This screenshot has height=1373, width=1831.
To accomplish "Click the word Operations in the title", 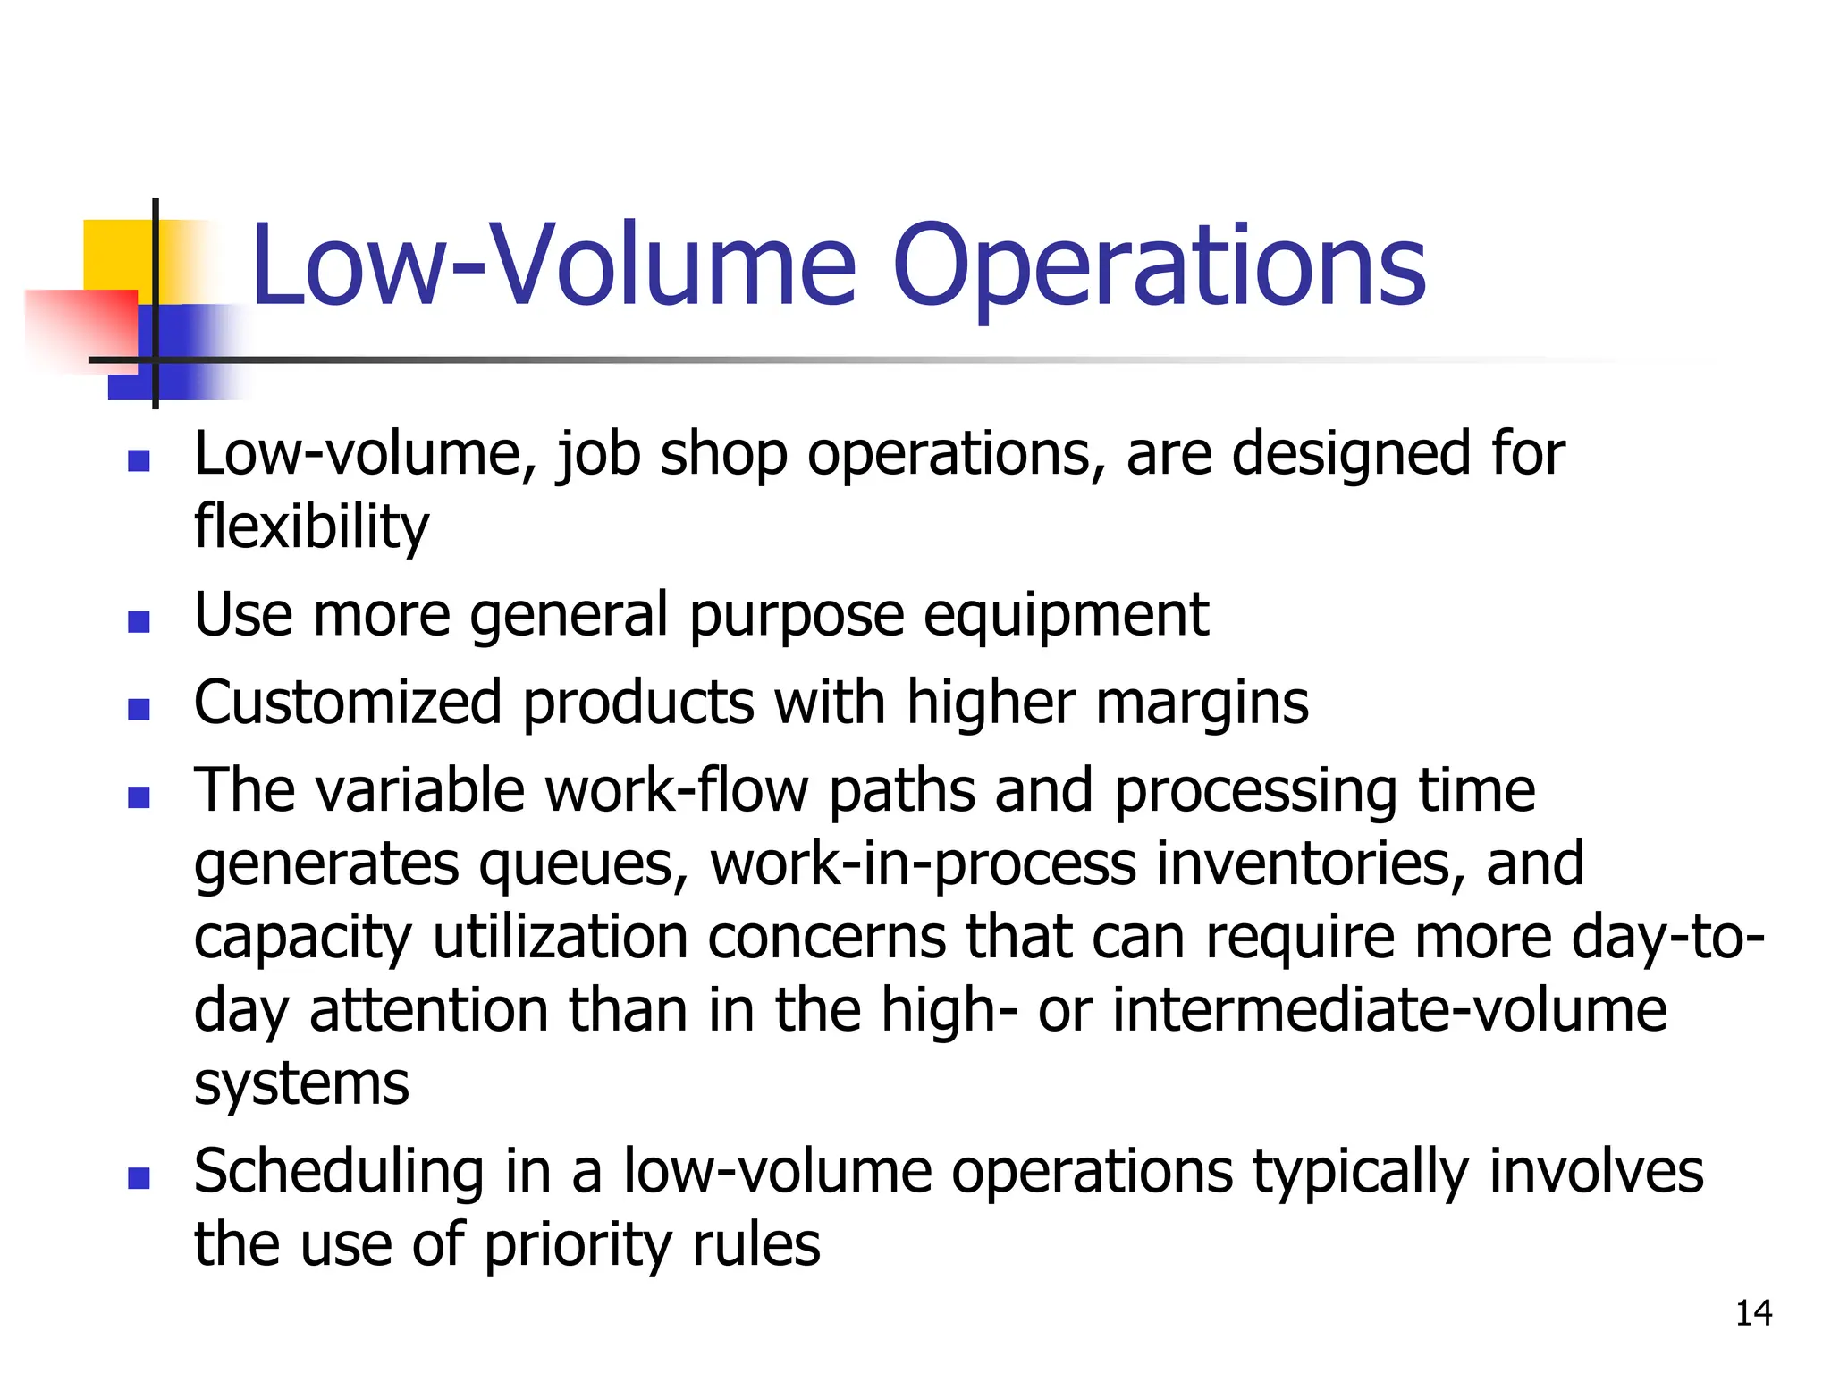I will [x=1159, y=266].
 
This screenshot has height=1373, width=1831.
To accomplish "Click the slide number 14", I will [x=1753, y=1313].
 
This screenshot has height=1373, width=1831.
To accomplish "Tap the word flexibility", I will [x=311, y=526].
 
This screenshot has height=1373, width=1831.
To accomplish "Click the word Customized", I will [x=348, y=703].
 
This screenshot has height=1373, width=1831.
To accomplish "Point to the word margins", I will [x=1202, y=703].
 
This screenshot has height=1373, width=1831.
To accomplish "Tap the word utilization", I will [x=561, y=938].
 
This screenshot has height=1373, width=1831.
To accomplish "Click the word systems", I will [x=301, y=1083].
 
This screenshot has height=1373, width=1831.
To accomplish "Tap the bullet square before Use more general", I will [x=139, y=621].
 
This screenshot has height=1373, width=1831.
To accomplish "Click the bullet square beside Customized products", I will [x=139, y=709].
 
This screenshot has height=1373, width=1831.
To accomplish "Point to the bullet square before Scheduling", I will [x=139, y=1178].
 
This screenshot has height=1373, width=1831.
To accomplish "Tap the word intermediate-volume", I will [x=1389, y=1011].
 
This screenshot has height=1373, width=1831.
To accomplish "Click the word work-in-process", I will [x=924, y=864].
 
